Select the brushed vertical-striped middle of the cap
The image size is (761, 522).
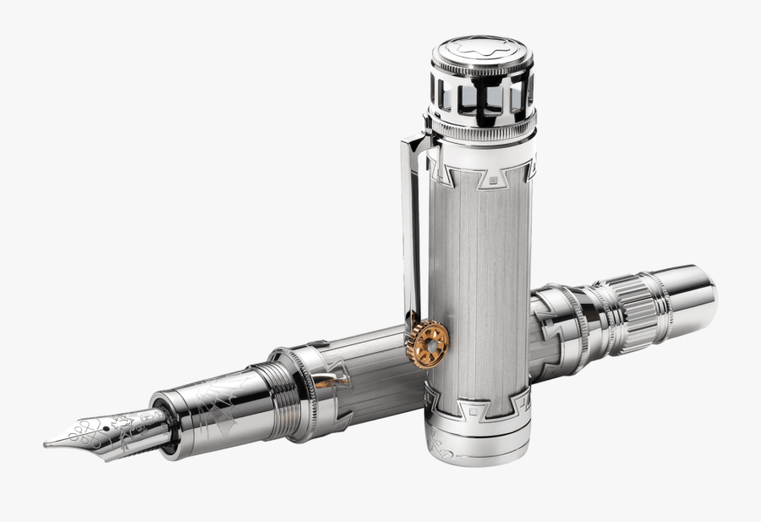pos(482,279)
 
